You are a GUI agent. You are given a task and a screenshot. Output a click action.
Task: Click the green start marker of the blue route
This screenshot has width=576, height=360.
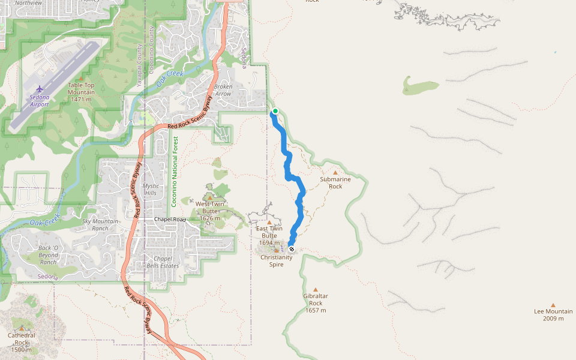click(x=275, y=111)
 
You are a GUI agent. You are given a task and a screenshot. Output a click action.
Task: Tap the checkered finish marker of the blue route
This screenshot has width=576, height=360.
click(x=292, y=249)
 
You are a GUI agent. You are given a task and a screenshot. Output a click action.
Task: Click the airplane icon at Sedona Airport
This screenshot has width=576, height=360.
click(x=40, y=89)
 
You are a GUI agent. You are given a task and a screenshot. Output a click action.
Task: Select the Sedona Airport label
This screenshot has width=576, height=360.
click(x=39, y=100)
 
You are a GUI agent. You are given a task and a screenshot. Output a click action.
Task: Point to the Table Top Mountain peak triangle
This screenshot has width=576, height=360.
click(x=81, y=78)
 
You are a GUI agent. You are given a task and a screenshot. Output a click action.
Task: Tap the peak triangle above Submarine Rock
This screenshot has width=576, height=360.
click(x=335, y=173)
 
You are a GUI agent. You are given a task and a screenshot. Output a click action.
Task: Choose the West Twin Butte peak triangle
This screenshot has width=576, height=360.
click(x=209, y=197)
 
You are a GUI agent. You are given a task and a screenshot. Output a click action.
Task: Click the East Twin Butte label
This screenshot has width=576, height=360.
click(x=269, y=232)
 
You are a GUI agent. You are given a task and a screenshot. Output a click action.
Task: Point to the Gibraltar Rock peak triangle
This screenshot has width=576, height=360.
click(x=316, y=289)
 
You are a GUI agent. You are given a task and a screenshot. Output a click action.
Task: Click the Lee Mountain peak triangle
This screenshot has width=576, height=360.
click(x=553, y=305)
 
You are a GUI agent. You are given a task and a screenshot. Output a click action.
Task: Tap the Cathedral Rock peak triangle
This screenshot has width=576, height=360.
click(x=22, y=328)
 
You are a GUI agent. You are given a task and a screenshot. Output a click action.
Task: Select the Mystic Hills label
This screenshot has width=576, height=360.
click(x=151, y=190)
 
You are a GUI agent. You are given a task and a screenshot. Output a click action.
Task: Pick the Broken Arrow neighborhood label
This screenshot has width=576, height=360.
click(x=223, y=90)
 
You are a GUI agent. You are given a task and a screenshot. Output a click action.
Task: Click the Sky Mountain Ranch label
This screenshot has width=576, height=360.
click(x=100, y=225)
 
